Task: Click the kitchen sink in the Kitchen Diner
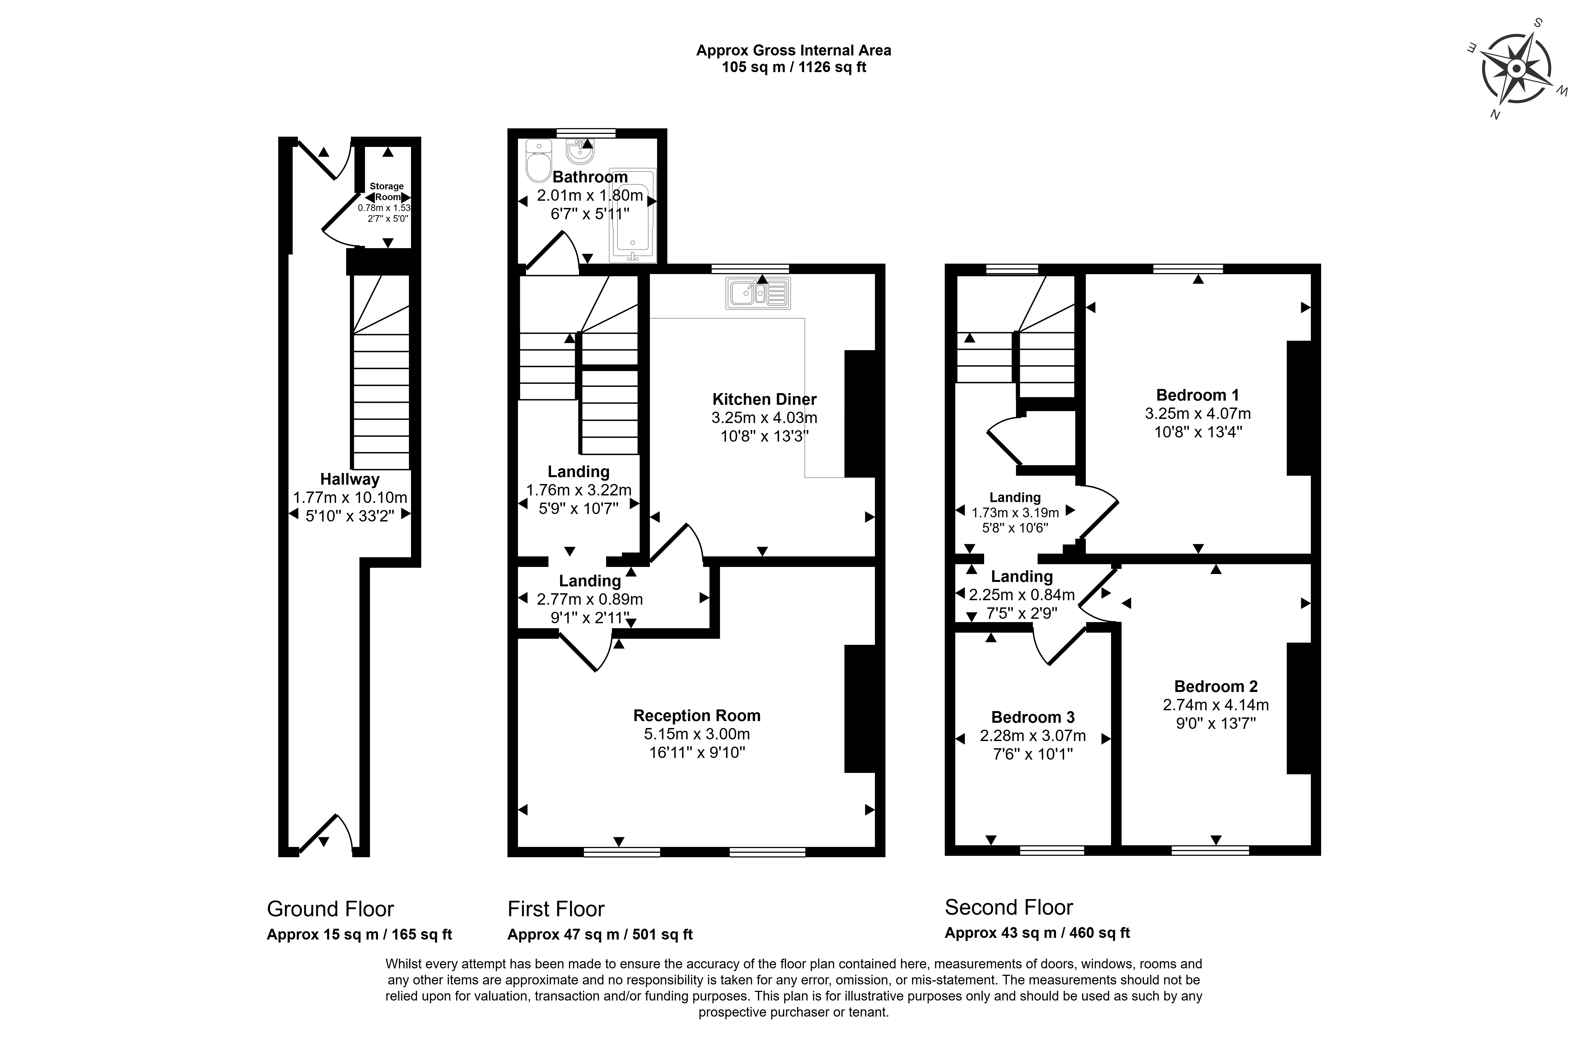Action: click(758, 293)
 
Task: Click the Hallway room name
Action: click(350, 479)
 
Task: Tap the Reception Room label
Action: click(696, 715)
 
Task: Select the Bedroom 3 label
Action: click(1033, 717)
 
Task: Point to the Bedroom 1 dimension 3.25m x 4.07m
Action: click(1198, 414)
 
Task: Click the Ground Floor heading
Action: click(330, 909)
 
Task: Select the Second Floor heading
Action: click(1009, 908)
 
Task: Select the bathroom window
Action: click(586, 133)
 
